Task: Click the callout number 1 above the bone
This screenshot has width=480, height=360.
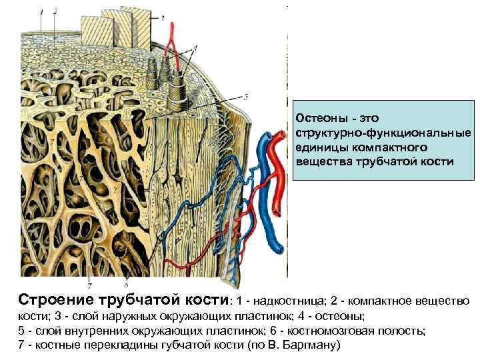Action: click(x=41, y=11)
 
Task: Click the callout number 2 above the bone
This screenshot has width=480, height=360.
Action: click(x=55, y=11)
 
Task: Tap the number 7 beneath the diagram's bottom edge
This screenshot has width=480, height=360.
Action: click(x=89, y=286)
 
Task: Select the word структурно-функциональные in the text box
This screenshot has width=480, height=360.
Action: click(x=383, y=133)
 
